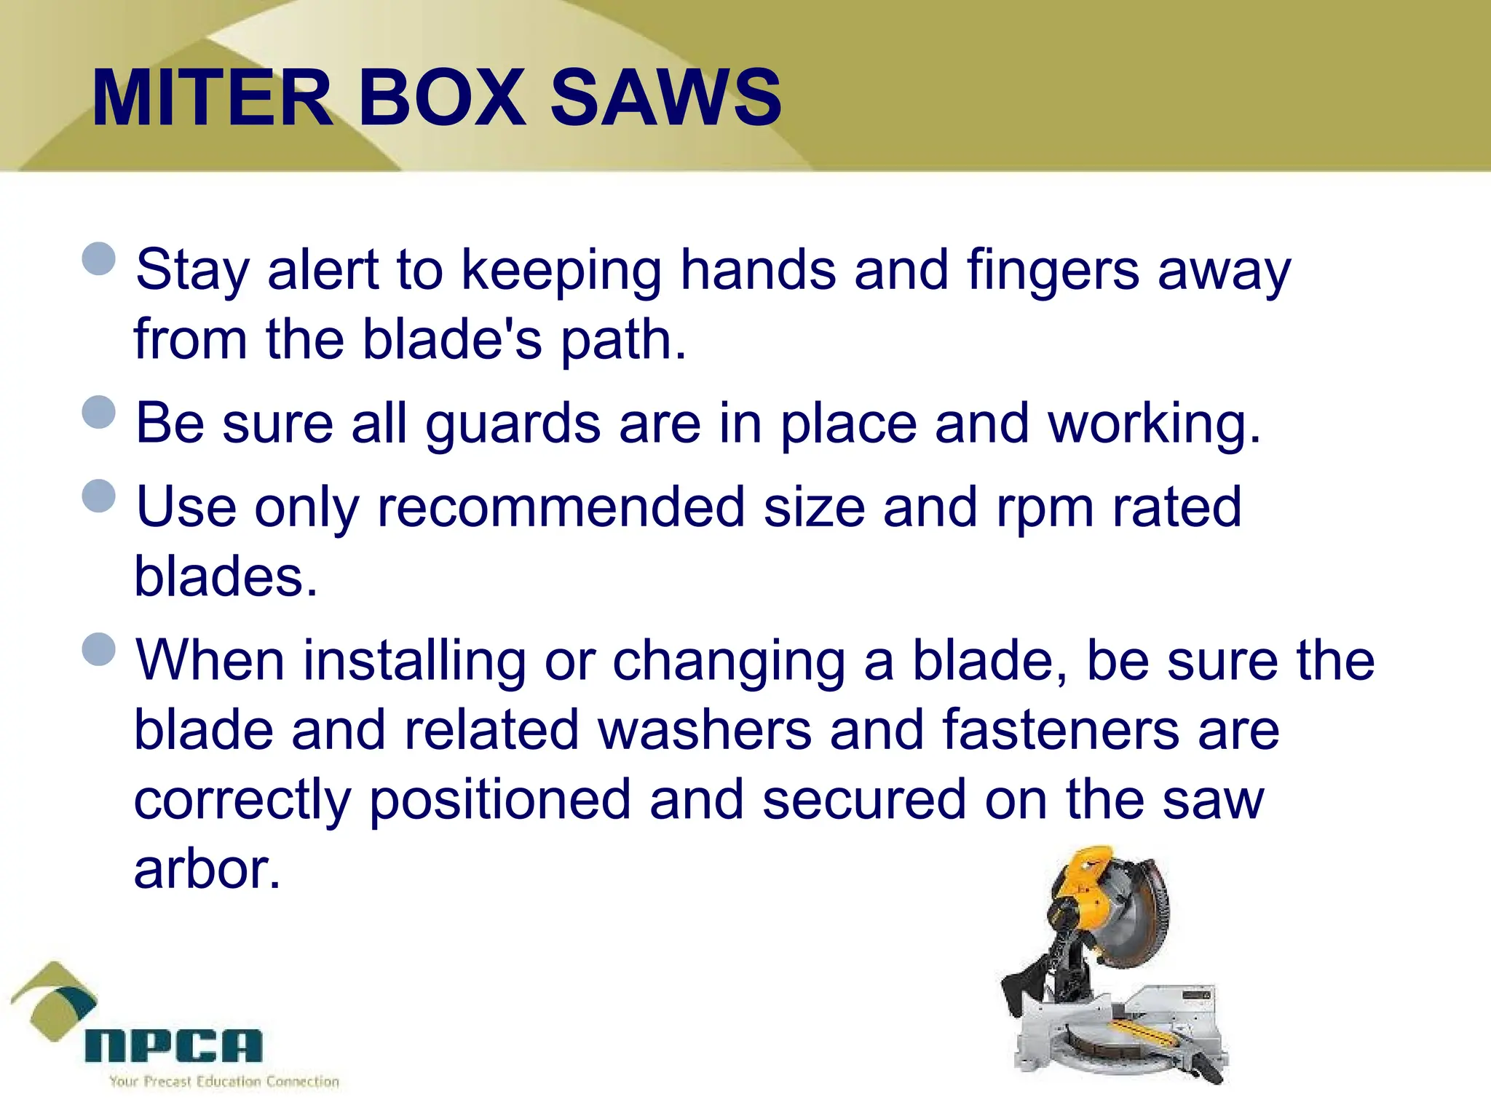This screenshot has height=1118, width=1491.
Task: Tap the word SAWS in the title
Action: tap(665, 97)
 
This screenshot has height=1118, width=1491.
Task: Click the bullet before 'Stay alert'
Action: tap(99, 258)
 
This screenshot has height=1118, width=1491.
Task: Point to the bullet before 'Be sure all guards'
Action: tap(99, 412)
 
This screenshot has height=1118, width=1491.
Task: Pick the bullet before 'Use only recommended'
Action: tap(99, 496)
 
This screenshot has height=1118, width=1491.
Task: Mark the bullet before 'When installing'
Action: tap(99, 649)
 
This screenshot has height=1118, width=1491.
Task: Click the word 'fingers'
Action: tap(1053, 271)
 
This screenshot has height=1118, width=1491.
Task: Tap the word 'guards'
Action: tap(513, 425)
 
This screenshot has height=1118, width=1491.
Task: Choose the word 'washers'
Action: tap(704, 730)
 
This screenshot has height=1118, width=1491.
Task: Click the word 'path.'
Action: tap(622, 341)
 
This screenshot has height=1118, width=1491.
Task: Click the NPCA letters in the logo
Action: tap(173, 1046)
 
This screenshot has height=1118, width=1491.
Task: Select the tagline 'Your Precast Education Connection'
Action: tap(224, 1082)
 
